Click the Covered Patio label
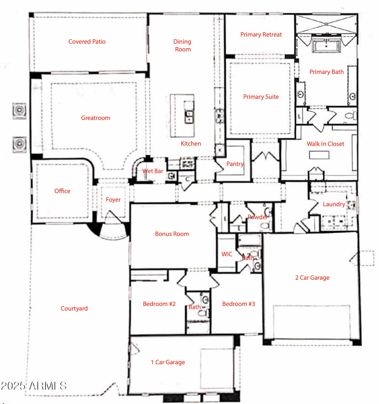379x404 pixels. [x=87, y=42]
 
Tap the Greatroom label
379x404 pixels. [x=96, y=118]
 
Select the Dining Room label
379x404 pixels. [x=182, y=45]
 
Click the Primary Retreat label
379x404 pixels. [x=261, y=35]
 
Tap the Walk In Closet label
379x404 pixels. [x=325, y=144]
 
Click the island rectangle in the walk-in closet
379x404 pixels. [x=319, y=155]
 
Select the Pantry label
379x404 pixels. [x=235, y=164]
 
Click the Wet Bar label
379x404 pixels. [x=153, y=171]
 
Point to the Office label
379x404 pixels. [x=63, y=191]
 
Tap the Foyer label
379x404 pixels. [x=113, y=200]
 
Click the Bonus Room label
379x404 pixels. [x=172, y=234]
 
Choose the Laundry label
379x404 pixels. [x=334, y=204]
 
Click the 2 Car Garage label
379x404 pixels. [x=312, y=278]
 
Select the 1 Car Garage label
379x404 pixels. [x=168, y=362]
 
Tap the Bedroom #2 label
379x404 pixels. [x=159, y=304]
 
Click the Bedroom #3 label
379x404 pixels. [x=239, y=304]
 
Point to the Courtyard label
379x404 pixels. [x=74, y=309]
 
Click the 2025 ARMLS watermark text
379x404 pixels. [x=34, y=386]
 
